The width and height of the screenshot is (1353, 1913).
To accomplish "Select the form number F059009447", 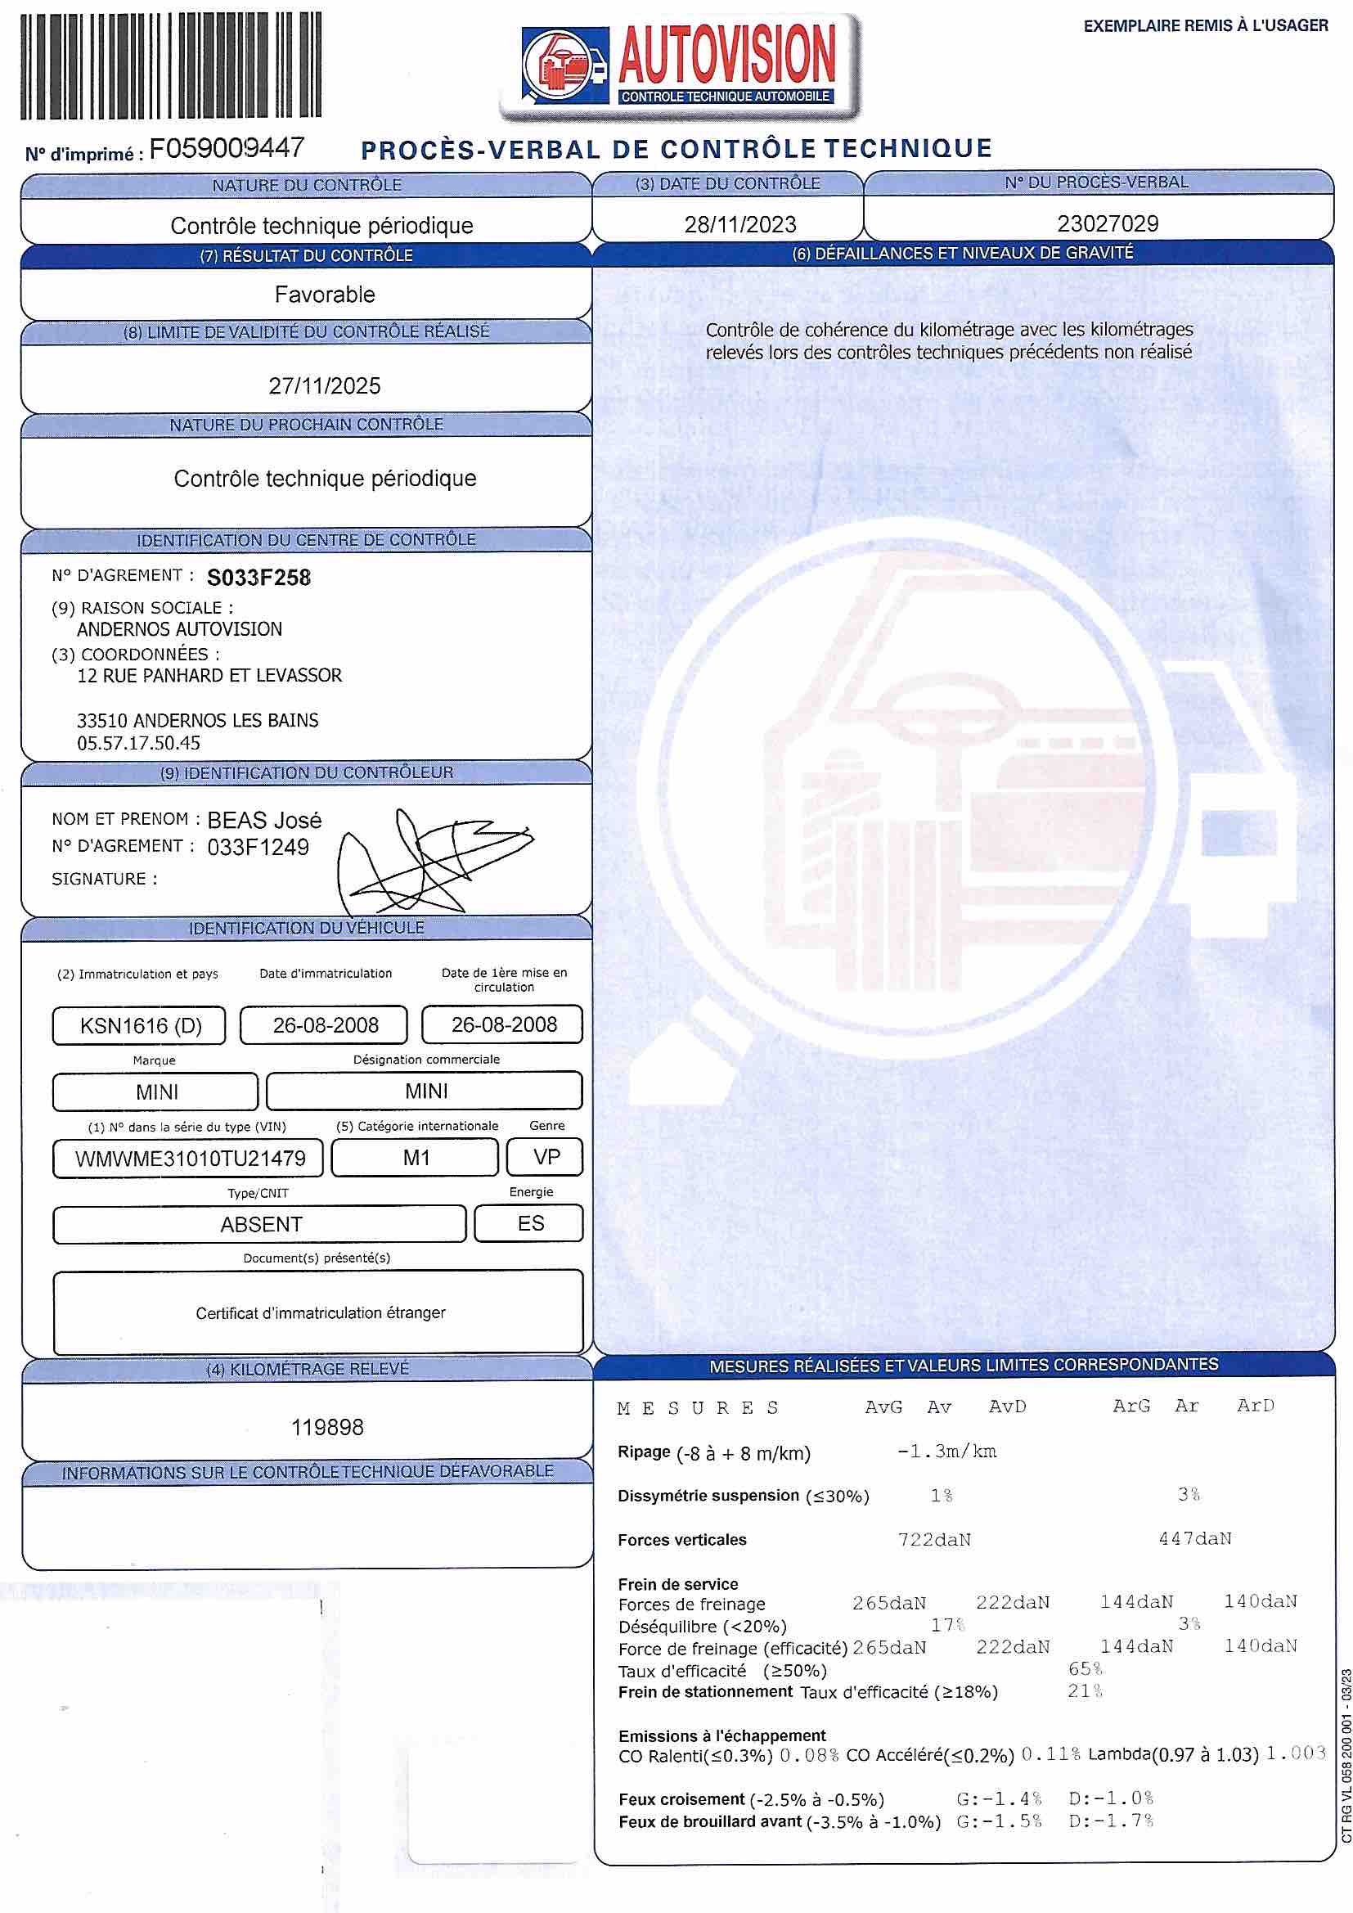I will (x=227, y=148).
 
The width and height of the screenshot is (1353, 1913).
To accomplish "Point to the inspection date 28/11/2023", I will (x=739, y=224).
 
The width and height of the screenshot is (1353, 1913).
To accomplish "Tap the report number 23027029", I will (x=1108, y=223).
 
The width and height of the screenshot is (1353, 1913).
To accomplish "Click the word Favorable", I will (x=324, y=294).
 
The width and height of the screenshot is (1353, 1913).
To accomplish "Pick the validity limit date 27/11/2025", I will (x=324, y=385).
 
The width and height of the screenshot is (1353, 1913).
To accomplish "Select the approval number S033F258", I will (x=258, y=578).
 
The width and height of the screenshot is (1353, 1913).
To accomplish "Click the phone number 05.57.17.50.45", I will (x=138, y=742).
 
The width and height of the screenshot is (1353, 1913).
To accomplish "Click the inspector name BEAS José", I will (x=264, y=820).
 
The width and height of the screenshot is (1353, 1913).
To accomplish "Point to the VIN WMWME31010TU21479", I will (x=190, y=1158).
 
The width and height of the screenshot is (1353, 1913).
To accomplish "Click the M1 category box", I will (x=416, y=1157).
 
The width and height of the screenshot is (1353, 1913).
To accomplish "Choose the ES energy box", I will (x=530, y=1223).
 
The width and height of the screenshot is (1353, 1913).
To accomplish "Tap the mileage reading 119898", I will (x=326, y=1427).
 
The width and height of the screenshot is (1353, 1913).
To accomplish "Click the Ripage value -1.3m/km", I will (x=946, y=1452).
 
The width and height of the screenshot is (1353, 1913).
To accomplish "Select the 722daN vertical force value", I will (x=934, y=1540).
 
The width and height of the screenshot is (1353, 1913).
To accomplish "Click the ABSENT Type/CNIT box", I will (x=260, y=1224).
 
